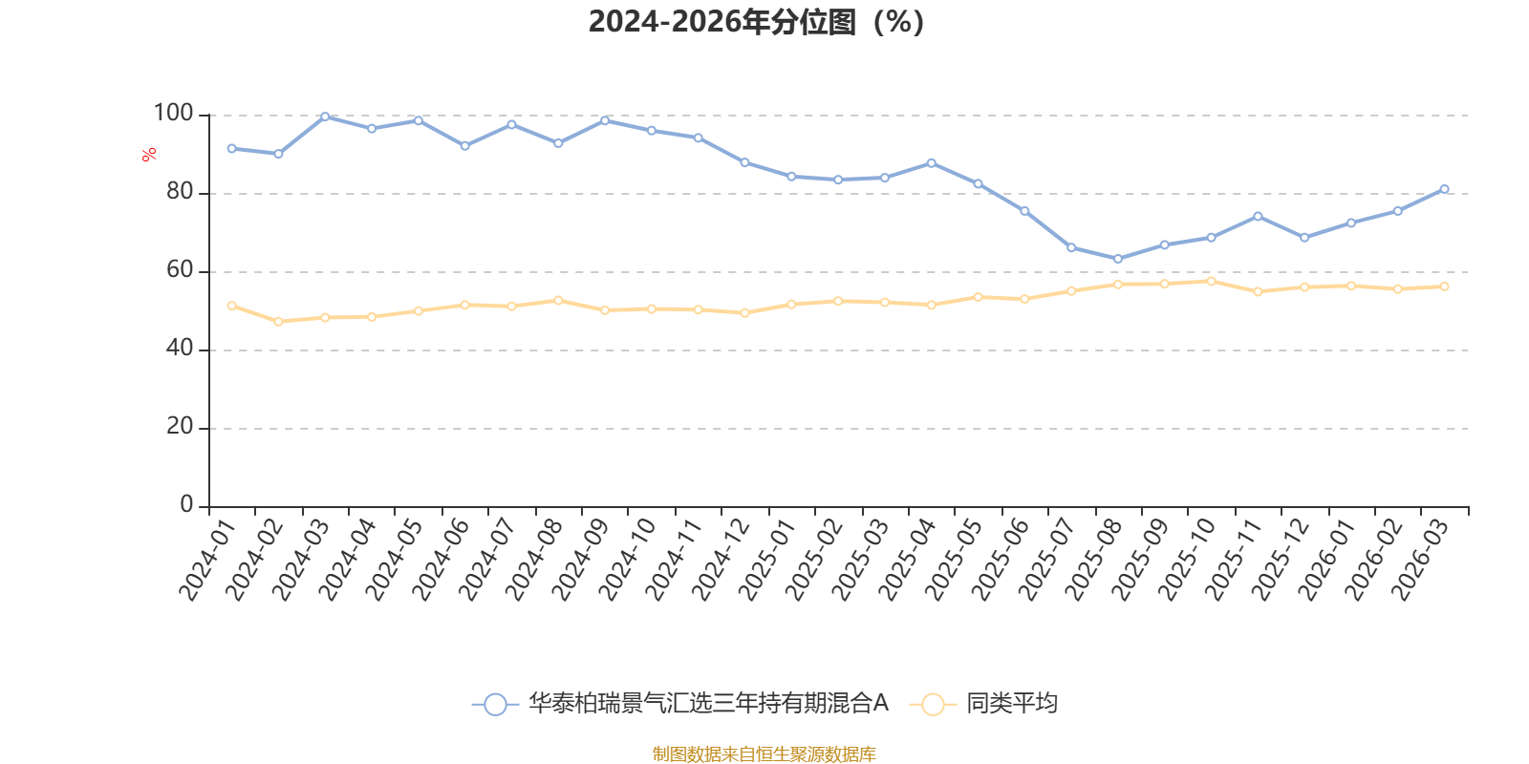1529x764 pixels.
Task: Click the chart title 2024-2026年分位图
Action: point(755,21)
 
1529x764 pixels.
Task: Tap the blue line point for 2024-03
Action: point(325,117)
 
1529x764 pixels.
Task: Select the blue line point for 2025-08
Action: point(1118,259)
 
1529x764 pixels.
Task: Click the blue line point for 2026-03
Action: point(1444,189)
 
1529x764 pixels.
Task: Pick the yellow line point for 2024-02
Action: point(278,322)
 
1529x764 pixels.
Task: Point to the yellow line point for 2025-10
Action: point(1211,281)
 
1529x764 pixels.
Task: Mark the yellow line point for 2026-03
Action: point(1444,286)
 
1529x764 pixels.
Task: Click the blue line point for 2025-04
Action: point(932,163)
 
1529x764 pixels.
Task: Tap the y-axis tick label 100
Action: point(173,114)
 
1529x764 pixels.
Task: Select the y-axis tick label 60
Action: point(179,270)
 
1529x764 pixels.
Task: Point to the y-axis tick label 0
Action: point(186,505)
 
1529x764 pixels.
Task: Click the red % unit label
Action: point(149,155)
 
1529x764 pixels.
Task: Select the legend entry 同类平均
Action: point(1011,704)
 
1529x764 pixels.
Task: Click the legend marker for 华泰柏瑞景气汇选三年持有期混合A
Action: point(495,705)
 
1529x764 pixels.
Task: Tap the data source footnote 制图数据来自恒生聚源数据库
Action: point(764,754)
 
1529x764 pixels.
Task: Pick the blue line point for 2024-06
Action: point(464,146)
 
